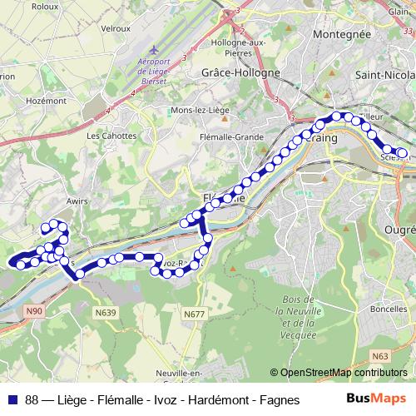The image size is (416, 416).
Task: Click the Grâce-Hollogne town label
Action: (x=240, y=72)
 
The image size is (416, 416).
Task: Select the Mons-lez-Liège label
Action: (x=200, y=110)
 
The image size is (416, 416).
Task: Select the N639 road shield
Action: (x=106, y=313)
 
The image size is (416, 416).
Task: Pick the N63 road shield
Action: (x=381, y=356)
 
